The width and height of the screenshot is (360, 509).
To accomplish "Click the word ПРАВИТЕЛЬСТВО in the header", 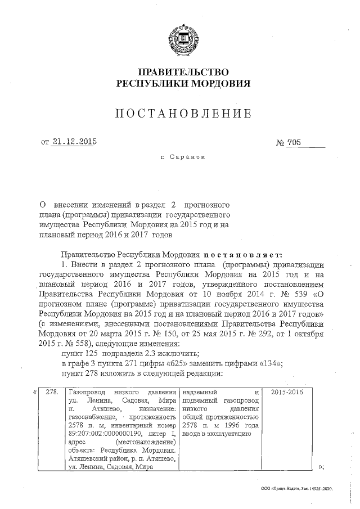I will point(183,72).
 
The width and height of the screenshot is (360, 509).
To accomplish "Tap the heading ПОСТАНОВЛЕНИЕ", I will point(183,114).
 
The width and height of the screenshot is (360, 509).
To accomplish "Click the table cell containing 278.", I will point(52,391).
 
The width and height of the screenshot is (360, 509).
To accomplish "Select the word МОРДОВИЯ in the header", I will point(220,83).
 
